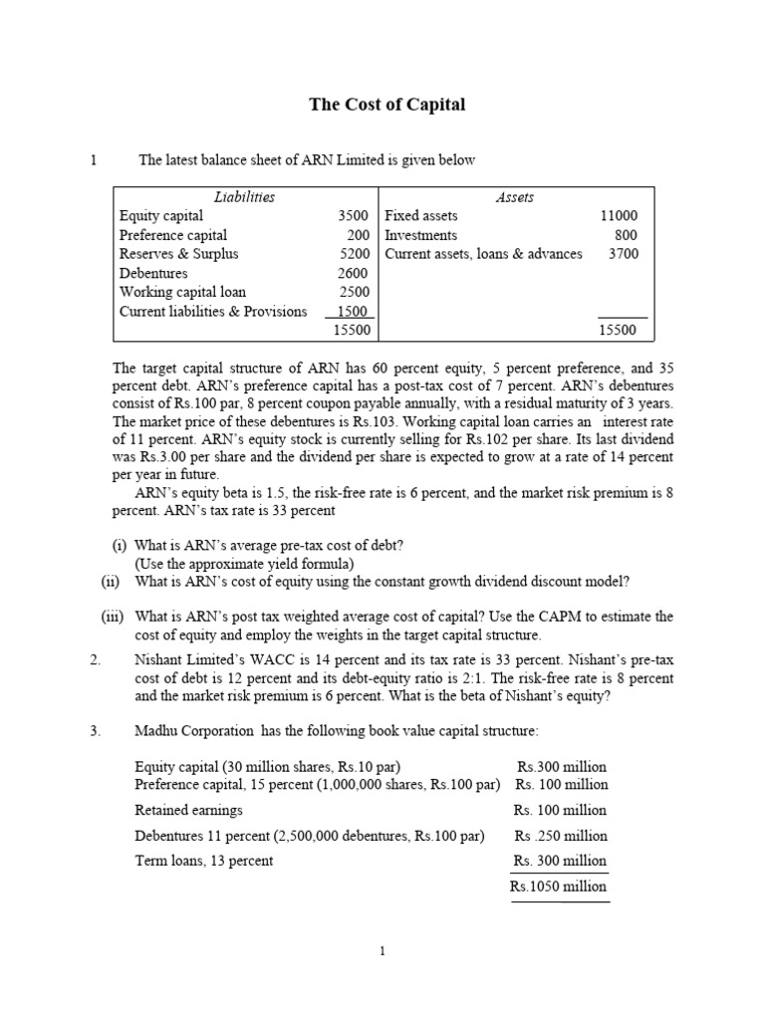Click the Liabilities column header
[244, 197]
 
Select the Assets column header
[514, 197]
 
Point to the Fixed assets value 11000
[618, 216]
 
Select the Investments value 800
[626, 235]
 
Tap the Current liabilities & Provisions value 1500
[353, 311]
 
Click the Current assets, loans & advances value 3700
[623, 254]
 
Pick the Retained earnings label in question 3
[188, 810]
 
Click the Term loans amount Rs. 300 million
[560, 861]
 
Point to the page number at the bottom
[382, 952]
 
